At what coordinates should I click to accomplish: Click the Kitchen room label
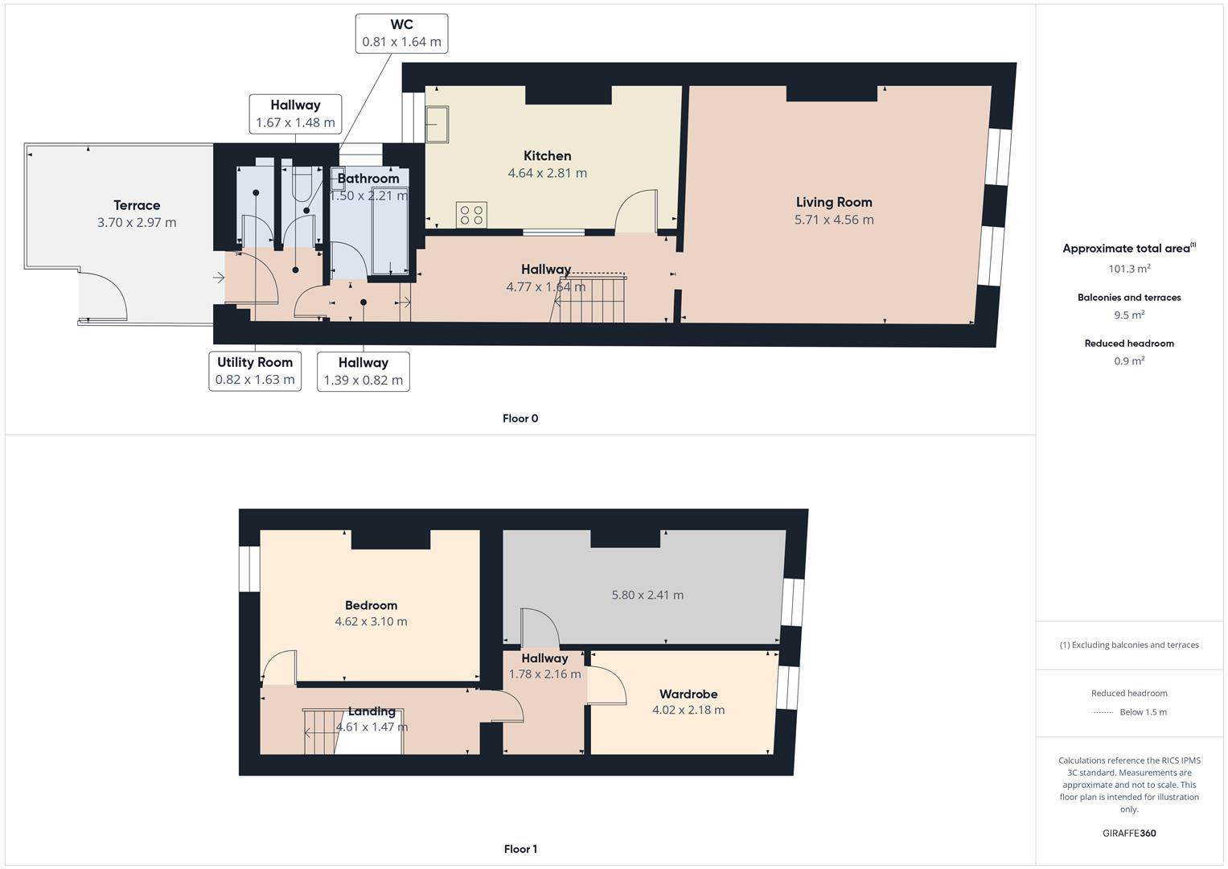(547, 156)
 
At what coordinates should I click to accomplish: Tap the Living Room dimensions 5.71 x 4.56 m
(834, 220)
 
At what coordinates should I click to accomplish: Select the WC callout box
(401, 34)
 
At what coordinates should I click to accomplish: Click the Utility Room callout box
(255, 371)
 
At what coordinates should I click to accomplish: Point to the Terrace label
(137, 205)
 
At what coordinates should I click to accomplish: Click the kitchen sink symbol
(437, 124)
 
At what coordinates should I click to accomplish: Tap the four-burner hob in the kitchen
(470, 214)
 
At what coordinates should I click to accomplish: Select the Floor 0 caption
(520, 418)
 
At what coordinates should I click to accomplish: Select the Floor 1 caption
(520, 849)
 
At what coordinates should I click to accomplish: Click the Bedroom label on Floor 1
(371, 605)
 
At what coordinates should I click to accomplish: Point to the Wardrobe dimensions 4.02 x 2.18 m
(688, 710)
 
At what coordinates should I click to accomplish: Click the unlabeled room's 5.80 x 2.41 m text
(647, 595)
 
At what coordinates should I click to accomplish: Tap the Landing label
(372, 711)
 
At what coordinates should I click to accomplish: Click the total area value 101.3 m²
(1129, 269)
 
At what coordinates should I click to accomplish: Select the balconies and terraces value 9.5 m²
(1129, 315)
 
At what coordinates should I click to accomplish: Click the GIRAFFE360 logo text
(1129, 834)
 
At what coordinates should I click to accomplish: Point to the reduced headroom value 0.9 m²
(1129, 361)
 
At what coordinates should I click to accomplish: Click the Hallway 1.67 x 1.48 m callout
(295, 113)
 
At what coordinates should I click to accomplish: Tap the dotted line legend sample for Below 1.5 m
(1103, 712)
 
